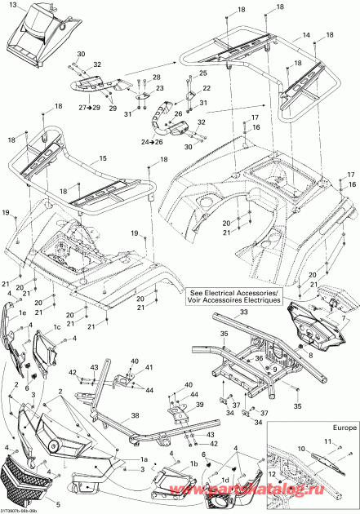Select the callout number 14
[306, 37]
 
